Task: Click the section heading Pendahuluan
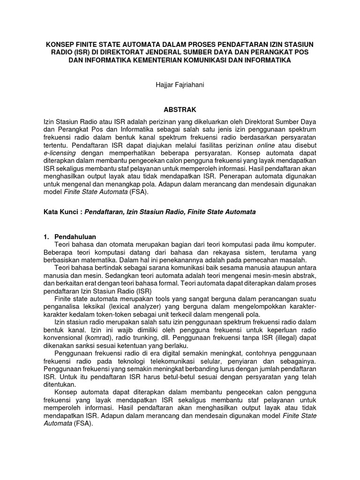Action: tap(75, 237)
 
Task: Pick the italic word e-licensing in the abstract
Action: tap(60, 153)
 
